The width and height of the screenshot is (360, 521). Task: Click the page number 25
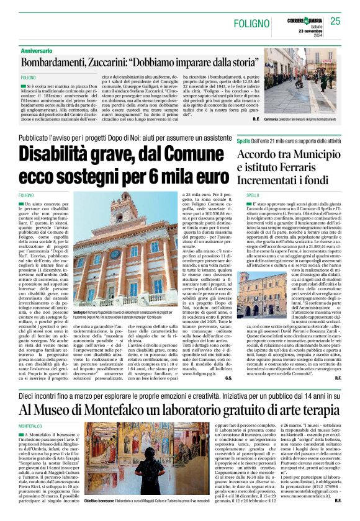[x=335, y=21]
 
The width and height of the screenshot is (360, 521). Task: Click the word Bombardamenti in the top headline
[x=56, y=63]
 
